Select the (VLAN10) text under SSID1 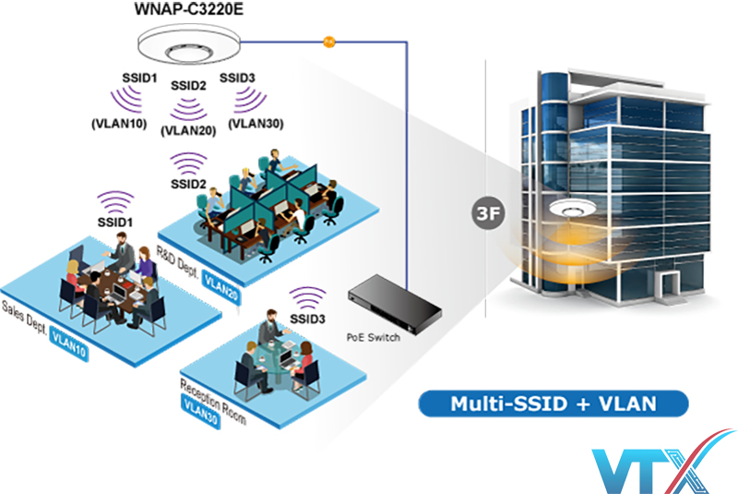click(117, 124)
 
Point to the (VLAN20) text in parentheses click(188, 130)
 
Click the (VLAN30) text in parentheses click(256, 122)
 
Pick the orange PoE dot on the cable click(327, 41)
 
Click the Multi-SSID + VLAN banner click(553, 404)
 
